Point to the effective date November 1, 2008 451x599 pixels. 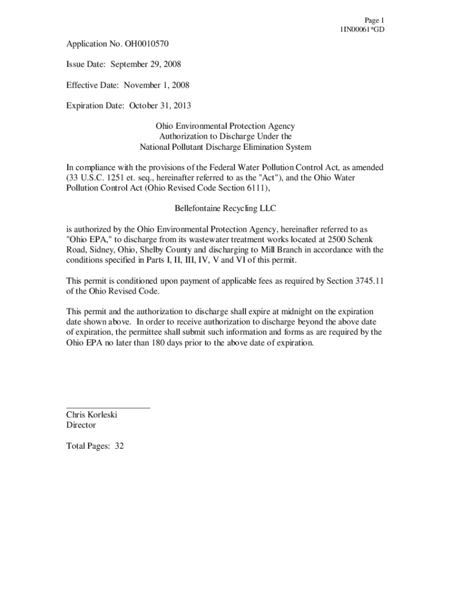tap(155, 85)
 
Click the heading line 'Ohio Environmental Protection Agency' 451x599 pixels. tap(225, 126)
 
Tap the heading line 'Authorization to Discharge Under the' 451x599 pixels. tap(225, 137)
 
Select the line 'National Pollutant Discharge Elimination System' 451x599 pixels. tap(225, 147)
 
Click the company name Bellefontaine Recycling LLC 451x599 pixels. tap(225, 209)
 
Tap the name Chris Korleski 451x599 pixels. tap(92, 415)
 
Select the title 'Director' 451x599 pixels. tap(81, 425)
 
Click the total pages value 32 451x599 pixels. tap(119, 446)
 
